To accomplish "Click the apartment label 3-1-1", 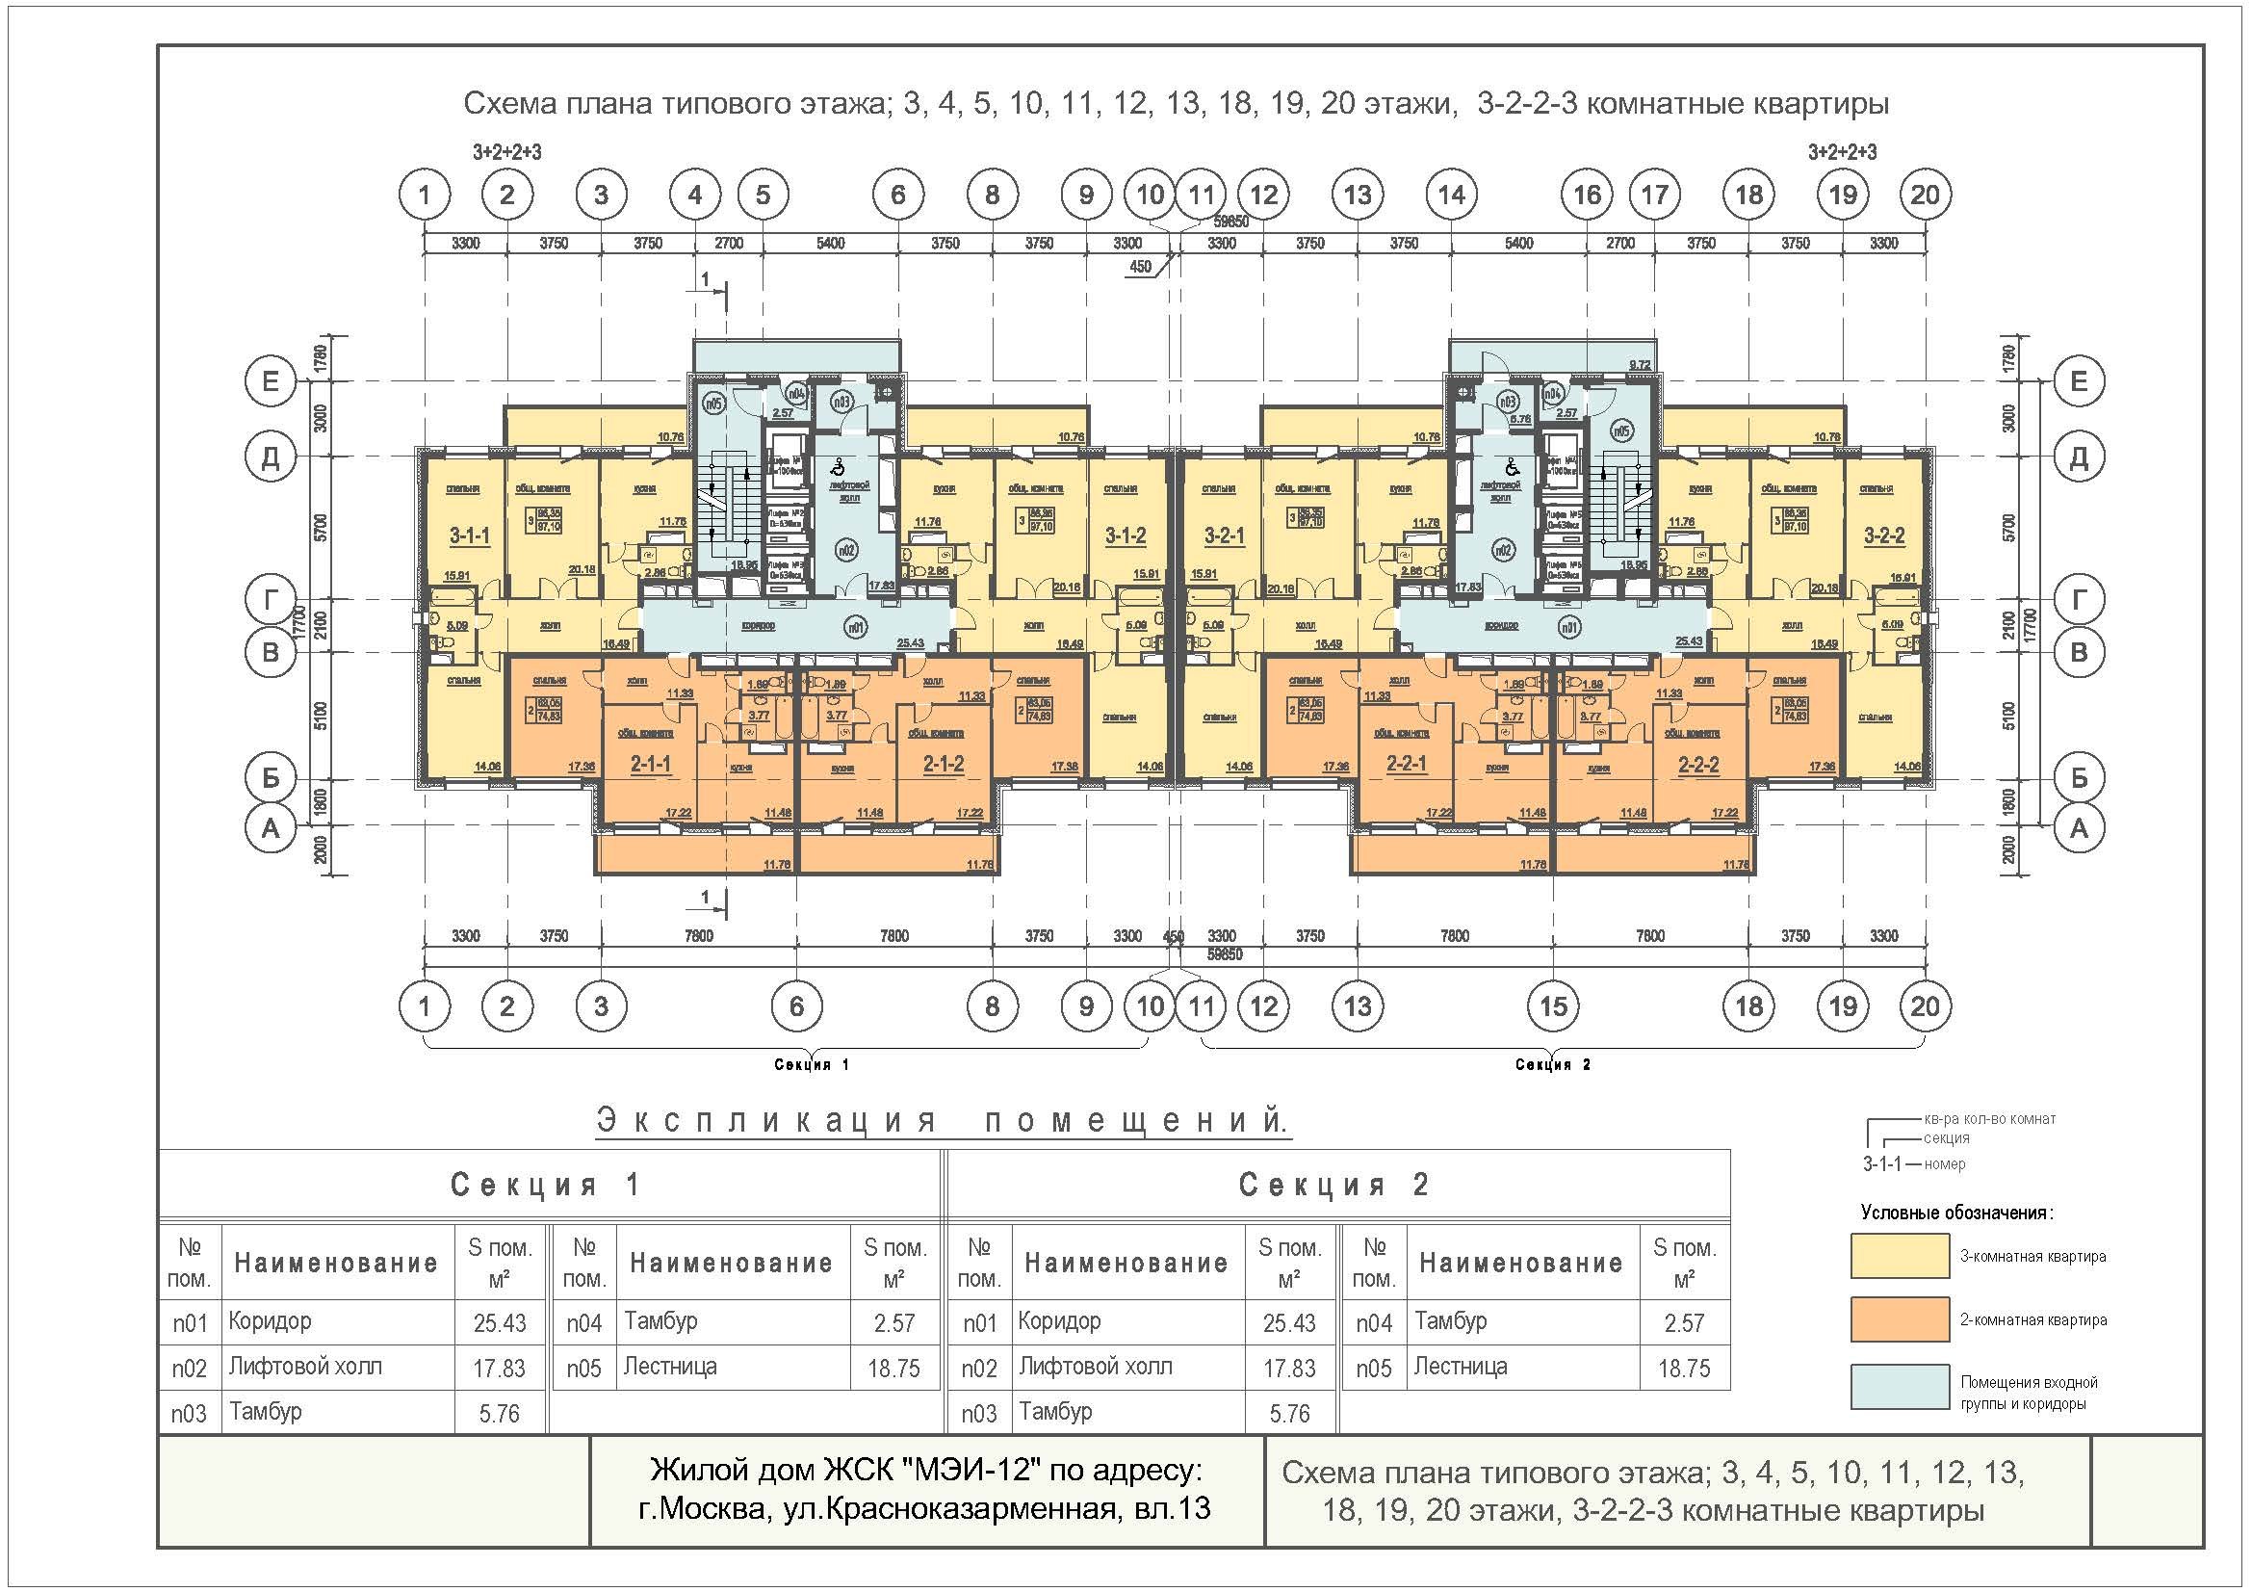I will point(470,535).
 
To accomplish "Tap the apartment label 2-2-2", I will point(1696,764).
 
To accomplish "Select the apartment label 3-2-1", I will point(1224,535).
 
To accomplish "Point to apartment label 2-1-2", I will point(944,764).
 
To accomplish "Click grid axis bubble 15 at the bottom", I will point(1554,1005).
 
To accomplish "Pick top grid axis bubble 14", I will point(1452,196).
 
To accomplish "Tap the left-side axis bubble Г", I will point(270,599).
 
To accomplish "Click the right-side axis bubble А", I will point(2079,829).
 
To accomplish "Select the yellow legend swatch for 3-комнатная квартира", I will point(1899,1257).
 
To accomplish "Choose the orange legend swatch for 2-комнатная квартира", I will point(1899,1320).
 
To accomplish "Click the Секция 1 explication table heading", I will point(545,1185).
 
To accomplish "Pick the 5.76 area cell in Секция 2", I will point(1289,1414).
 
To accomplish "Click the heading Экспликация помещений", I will point(942,1120).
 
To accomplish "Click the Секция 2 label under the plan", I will point(1553,1064).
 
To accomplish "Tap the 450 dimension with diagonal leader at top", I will point(1141,267).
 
